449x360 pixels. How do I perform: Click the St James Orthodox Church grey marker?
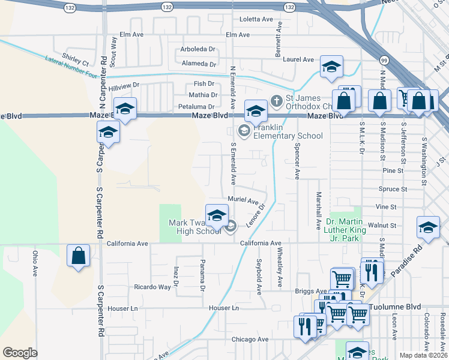pyautogui.click(x=277, y=100)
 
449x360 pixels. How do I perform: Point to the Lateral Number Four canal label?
pyautogui.click(x=71, y=67)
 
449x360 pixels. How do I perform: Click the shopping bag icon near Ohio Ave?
pyautogui.click(x=79, y=256)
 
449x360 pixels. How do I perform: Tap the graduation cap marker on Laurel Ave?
pyautogui.click(x=331, y=68)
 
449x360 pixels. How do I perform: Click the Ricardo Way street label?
pyautogui.click(x=152, y=287)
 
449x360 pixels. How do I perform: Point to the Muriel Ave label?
pyautogui.click(x=243, y=200)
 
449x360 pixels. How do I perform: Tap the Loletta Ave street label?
pyautogui.click(x=256, y=19)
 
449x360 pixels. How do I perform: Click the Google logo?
pyautogui.click(x=20, y=353)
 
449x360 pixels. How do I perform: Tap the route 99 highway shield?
pyautogui.click(x=382, y=59)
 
